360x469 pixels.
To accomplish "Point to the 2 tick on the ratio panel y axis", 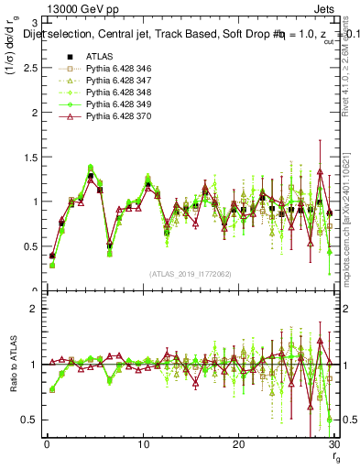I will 33,309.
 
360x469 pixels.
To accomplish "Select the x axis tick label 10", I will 142,445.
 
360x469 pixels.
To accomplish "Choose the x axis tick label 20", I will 238,445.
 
